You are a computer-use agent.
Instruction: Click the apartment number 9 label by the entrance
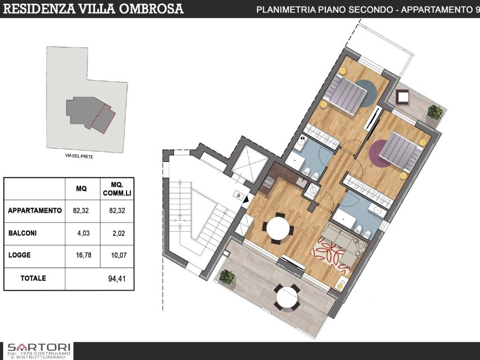pyautogui.click(x=239, y=195)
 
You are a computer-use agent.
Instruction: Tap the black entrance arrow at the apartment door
pyautogui.click(x=246, y=200)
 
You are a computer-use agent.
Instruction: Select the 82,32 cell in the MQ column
pyautogui.click(x=81, y=210)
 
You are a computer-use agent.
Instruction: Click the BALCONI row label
pyautogui.click(x=22, y=233)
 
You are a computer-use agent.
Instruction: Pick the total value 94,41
pyautogui.click(x=117, y=278)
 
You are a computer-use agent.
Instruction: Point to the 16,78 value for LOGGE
pyautogui.click(x=83, y=255)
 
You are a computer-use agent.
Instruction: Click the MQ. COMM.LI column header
pyautogui.click(x=117, y=189)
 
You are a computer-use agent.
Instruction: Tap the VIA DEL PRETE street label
pyautogui.click(x=79, y=157)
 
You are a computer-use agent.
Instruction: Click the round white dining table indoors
pyautogui.click(x=278, y=228)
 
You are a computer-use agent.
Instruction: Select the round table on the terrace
pyautogui.click(x=287, y=297)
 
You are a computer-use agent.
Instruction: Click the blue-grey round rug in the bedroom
pyautogui.click(x=364, y=93)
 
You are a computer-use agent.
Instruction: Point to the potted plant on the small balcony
pyautogui.click(x=435, y=112)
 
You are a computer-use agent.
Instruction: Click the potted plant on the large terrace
pyautogui.click(x=227, y=277)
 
